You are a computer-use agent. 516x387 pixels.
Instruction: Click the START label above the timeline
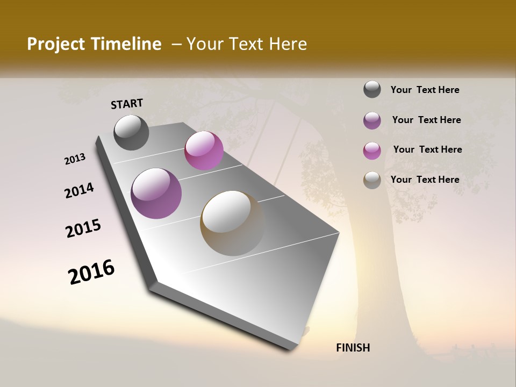[127, 104]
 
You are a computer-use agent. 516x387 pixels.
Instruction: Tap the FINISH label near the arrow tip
[353, 348]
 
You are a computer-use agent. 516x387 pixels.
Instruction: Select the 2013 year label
[75, 159]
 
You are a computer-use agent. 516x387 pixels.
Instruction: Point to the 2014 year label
[79, 191]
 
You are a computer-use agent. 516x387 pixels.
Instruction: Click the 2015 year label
[83, 228]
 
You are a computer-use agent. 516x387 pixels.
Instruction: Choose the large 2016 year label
[91, 272]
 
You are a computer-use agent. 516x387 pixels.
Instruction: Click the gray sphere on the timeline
[131, 132]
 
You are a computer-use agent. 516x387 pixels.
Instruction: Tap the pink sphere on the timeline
[204, 150]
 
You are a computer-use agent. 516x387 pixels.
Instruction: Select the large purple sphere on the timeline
[156, 193]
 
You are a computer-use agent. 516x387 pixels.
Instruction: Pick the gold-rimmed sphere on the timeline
[232, 223]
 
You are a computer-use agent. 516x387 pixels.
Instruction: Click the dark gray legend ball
[372, 90]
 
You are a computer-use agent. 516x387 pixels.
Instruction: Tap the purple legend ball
[372, 120]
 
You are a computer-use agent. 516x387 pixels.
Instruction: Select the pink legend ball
[372, 150]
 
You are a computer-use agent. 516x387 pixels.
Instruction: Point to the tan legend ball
[372, 180]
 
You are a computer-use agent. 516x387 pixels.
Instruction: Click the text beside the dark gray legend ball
[425, 90]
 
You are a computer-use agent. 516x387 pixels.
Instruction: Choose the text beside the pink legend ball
[427, 149]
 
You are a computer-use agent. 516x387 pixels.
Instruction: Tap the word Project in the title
[56, 44]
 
